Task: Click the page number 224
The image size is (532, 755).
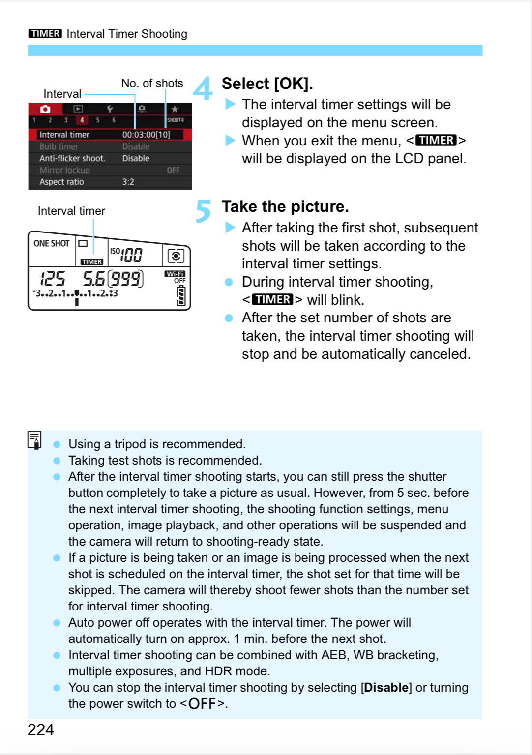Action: (40, 729)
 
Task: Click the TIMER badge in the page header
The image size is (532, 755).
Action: (45, 33)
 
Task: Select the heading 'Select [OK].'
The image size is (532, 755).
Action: (267, 84)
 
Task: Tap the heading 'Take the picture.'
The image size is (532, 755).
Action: (285, 206)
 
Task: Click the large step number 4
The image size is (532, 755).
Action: (203, 88)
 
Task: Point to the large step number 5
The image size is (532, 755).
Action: (203, 211)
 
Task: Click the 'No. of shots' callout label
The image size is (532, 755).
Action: (152, 83)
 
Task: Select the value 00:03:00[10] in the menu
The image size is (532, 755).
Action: (146, 135)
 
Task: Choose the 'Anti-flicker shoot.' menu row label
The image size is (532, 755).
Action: (72, 158)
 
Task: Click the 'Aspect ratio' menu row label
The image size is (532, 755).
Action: (61, 182)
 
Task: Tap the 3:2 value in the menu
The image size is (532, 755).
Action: (128, 182)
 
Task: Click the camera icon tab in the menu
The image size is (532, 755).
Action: (45, 109)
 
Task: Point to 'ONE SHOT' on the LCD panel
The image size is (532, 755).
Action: (52, 243)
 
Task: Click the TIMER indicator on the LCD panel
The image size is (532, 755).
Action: (92, 262)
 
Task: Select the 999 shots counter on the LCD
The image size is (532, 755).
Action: (125, 279)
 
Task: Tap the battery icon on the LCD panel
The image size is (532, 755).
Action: (181, 296)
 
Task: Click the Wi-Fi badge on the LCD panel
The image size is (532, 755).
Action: (175, 274)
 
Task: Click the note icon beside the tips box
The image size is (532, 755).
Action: (34, 440)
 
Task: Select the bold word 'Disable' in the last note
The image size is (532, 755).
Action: (386, 687)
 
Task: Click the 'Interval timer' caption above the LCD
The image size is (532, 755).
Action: (71, 211)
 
